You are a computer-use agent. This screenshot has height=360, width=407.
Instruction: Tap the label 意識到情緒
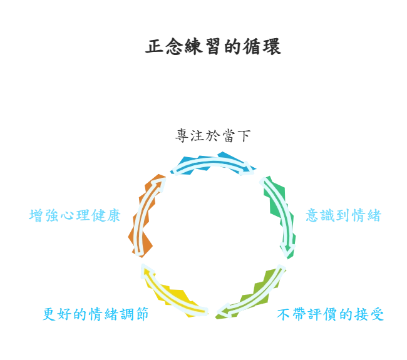pos(345,216)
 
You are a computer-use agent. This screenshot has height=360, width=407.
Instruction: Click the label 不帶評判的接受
pos(330,314)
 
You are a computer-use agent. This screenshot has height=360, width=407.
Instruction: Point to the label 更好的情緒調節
pos(95,314)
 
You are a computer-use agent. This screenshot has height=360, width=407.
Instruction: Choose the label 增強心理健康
pos(74,216)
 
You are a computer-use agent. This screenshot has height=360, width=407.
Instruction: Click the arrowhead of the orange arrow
pos(164,181)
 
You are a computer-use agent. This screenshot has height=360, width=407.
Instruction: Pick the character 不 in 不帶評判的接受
pos(283,314)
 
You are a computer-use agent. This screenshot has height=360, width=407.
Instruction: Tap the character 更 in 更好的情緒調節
pos(46,314)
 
